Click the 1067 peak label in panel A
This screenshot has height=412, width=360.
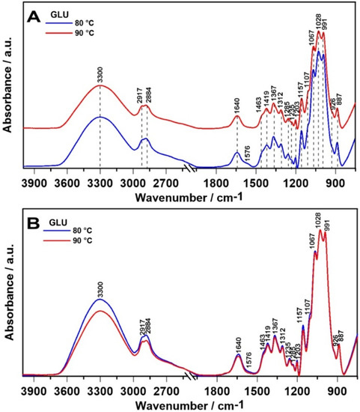(x=311, y=56)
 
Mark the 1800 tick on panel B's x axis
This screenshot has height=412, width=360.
(x=216, y=390)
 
